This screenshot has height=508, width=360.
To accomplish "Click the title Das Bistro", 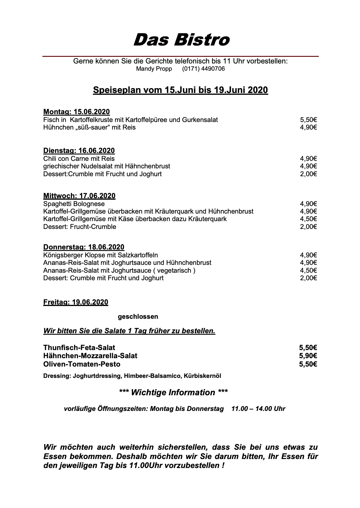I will [x=181, y=40].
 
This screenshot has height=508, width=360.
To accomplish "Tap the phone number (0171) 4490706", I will [x=203, y=69].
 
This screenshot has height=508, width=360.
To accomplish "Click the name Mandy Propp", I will [x=154, y=69].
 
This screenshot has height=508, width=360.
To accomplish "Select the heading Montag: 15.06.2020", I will [x=76, y=112].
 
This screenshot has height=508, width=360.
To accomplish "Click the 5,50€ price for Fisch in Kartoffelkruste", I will [x=308, y=120].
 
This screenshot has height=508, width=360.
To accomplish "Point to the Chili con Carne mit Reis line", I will [x=79, y=159].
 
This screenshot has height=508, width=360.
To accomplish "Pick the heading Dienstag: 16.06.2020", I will [x=79, y=151].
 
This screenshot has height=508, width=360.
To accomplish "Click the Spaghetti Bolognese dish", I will [x=74, y=204].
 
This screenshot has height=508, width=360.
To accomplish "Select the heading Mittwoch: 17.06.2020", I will [x=79, y=196].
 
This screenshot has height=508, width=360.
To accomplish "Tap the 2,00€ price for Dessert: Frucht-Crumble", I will [x=308, y=227].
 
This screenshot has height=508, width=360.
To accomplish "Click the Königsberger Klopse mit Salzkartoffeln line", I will [x=100, y=255].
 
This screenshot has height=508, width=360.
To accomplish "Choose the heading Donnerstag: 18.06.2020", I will [x=84, y=247].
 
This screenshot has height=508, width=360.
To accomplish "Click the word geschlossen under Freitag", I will [x=138, y=317].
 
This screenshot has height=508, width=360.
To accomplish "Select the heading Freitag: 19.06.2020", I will [x=75, y=302].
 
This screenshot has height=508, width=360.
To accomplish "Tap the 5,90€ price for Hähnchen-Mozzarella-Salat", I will [x=308, y=356].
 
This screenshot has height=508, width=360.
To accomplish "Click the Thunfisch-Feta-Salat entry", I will [x=79, y=347].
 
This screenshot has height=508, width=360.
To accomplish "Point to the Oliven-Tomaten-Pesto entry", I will [x=82, y=364].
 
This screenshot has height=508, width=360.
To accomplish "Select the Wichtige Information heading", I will [x=173, y=392].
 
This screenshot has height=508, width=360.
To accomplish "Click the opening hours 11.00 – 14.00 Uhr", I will [x=258, y=409].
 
